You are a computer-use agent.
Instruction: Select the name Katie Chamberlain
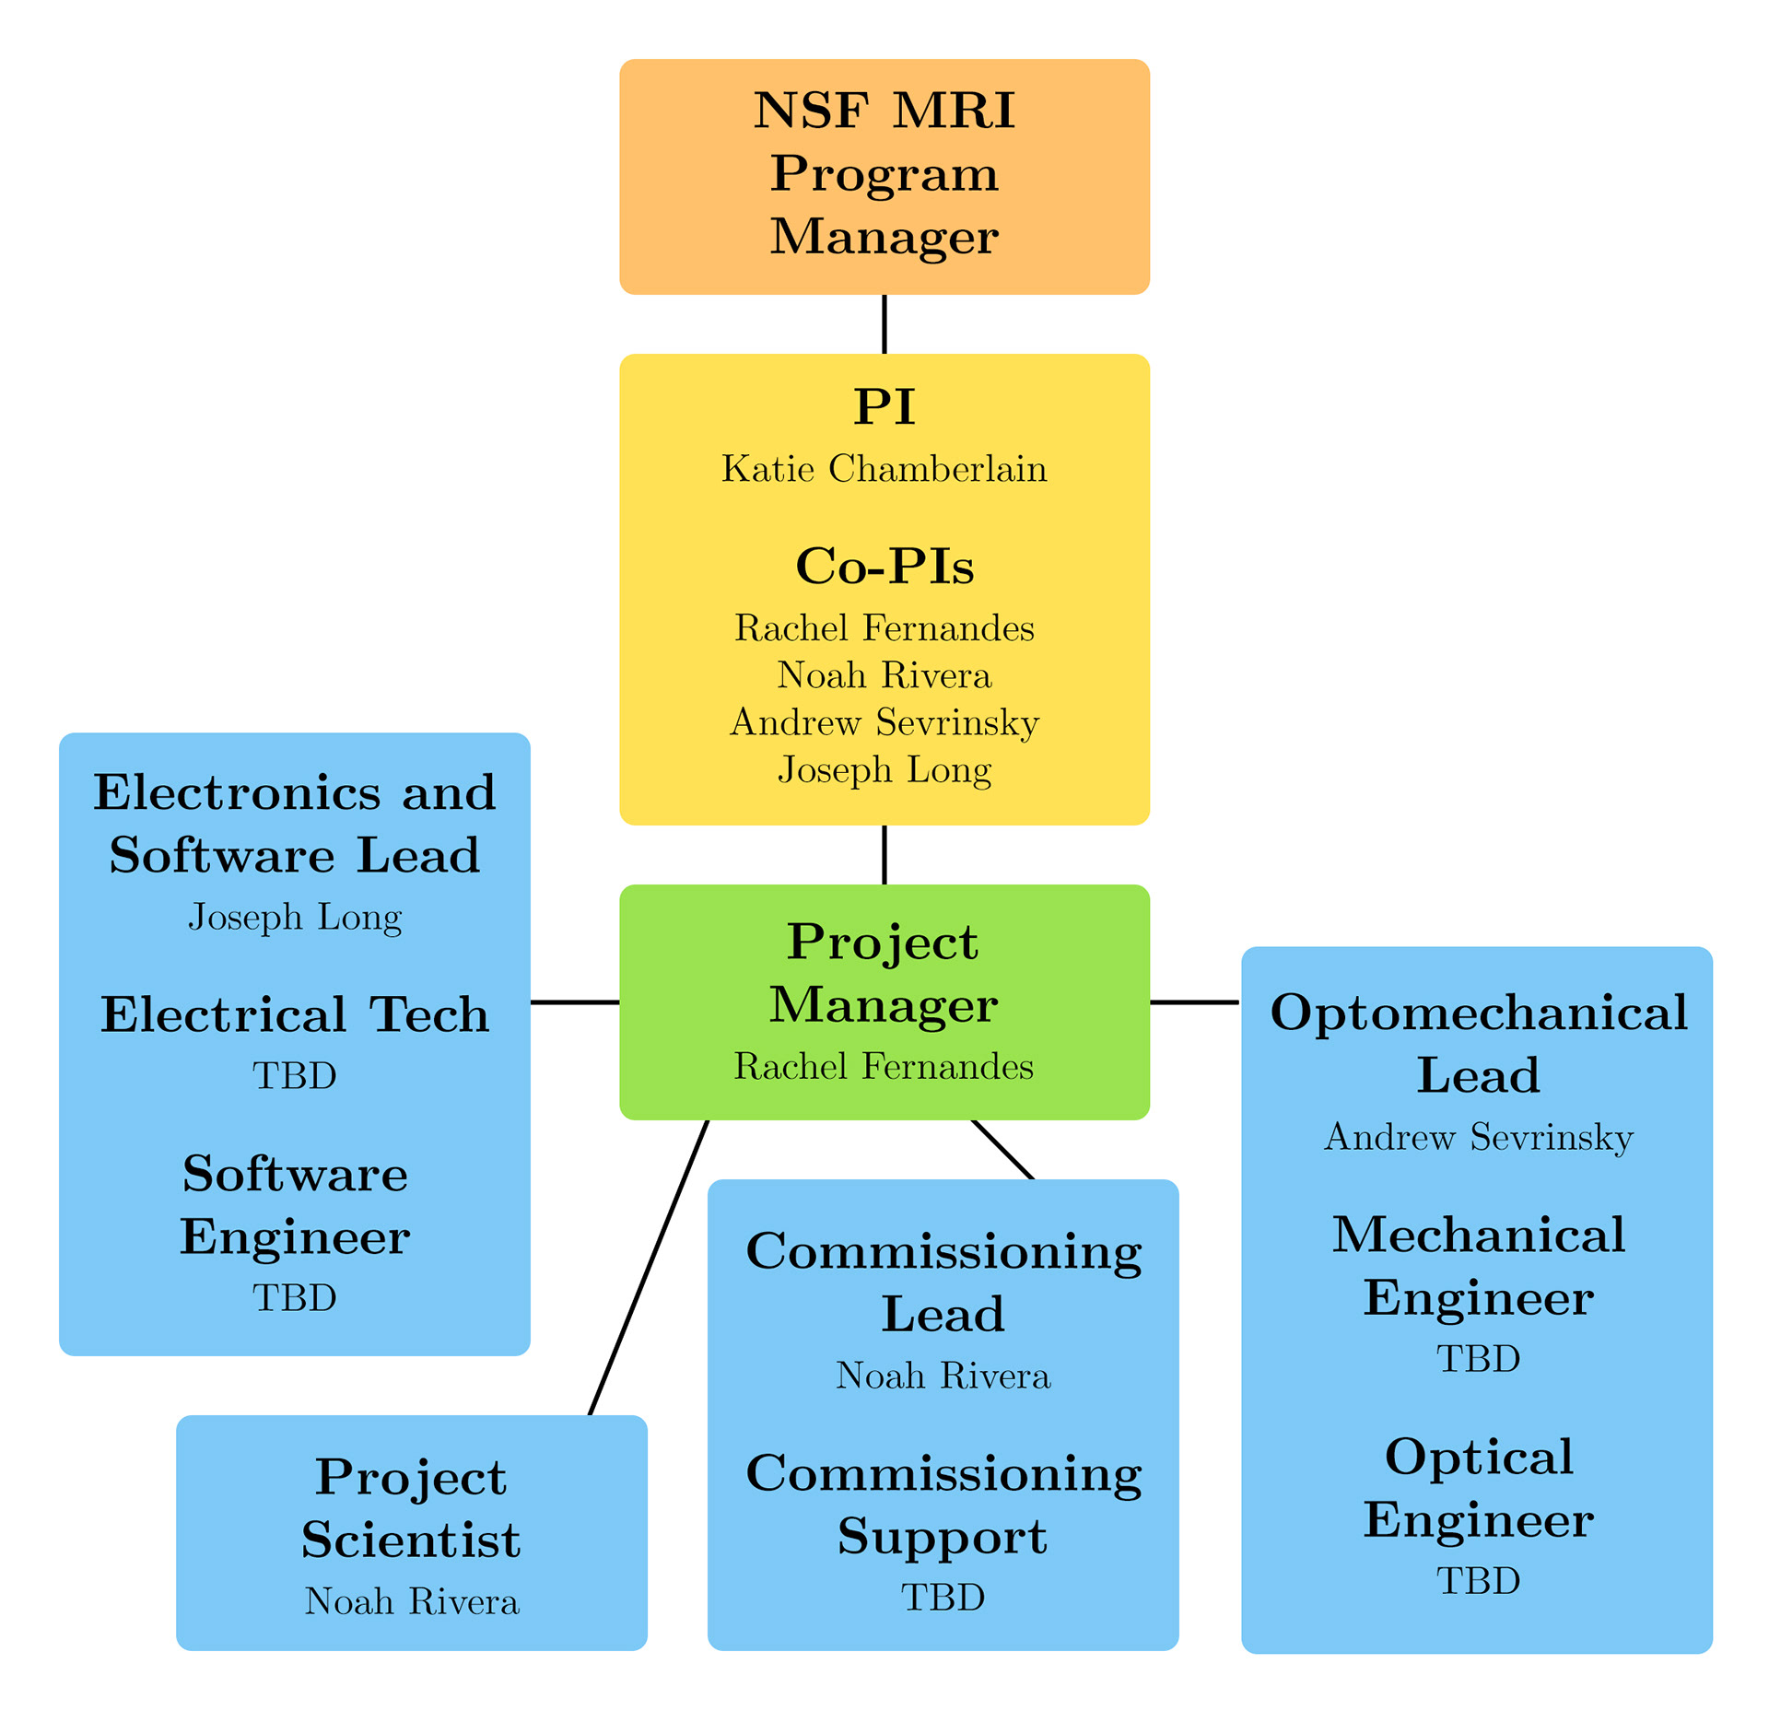click(x=884, y=469)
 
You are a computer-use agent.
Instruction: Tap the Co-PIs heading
click(x=884, y=566)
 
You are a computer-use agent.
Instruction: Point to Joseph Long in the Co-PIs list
click(x=884, y=769)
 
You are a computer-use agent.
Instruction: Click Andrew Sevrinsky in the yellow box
click(x=884, y=722)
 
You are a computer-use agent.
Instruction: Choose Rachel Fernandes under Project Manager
click(x=884, y=1066)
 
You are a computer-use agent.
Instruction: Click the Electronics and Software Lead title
click(x=295, y=824)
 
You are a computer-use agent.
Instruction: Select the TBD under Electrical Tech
click(x=295, y=1076)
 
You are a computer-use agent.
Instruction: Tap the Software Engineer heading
click(x=295, y=1205)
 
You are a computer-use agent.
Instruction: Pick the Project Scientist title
click(x=411, y=1508)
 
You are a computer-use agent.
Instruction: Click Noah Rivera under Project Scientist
click(x=412, y=1601)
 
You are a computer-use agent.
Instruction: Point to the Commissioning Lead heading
click(x=943, y=1282)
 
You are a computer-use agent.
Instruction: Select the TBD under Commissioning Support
click(x=943, y=1598)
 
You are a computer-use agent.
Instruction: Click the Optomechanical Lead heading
click(x=1478, y=1044)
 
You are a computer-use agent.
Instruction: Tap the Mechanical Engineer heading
click(x=1478, y=1266)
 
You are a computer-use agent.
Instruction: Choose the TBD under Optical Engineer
click(x=1478, y=1581)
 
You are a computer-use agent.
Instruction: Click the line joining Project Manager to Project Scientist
click(x=648, y=1269)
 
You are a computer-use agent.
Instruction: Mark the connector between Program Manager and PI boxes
click(x=884, y=324)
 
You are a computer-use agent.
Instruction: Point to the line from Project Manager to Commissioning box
click(x=1002, y=1149)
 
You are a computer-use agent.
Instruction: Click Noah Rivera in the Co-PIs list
click(x=884, y=675)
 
